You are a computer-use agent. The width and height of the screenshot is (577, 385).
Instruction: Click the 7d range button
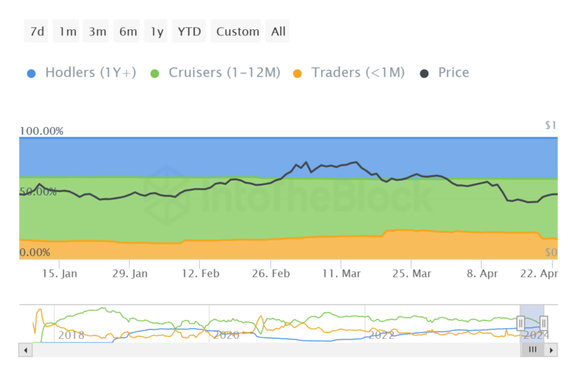[37, 31]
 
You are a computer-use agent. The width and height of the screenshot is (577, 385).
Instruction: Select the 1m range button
[67, 31]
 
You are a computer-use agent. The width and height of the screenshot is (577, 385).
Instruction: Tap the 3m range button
[97, 31]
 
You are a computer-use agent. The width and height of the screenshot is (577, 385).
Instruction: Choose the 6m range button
[128, 31]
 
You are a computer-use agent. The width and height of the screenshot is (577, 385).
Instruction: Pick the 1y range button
[157, 31]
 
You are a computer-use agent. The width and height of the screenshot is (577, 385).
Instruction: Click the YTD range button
[189, 31]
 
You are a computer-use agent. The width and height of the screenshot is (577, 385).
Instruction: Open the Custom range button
[238, 31]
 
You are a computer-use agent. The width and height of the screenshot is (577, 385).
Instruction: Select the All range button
[278, 31]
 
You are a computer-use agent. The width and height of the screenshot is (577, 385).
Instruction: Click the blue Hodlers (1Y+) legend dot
[31, 73]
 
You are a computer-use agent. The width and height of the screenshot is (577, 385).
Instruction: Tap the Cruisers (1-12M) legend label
[224, 73]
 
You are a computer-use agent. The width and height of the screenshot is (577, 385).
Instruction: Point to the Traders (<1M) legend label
[358, 73]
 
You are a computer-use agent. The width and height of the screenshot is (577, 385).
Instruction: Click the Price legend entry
[453, 73]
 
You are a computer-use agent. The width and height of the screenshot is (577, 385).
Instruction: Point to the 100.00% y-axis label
[41, 131]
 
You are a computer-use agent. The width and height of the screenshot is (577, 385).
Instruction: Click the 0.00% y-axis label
[35, 253]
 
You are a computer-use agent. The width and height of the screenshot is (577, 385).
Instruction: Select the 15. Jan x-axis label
[59, 273]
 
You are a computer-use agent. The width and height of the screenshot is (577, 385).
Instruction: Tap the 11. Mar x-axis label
[341, 273]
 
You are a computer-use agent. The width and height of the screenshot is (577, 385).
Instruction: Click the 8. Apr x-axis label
[481, 273]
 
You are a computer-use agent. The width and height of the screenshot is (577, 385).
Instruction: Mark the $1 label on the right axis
[551, 126]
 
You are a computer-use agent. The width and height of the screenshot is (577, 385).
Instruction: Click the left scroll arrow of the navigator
[26, 350]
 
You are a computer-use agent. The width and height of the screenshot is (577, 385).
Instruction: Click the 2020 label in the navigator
[226, 335]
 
